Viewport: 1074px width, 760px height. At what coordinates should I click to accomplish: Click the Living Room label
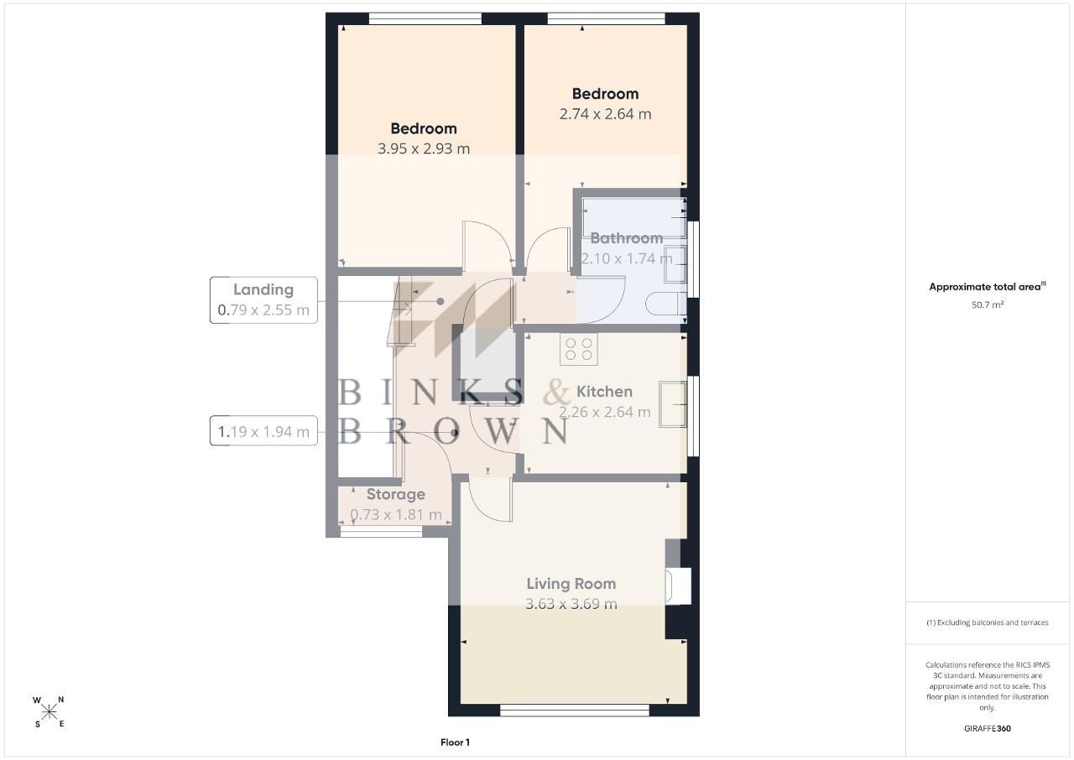[571, 584]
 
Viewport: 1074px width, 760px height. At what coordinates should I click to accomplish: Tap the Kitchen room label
[604, 392]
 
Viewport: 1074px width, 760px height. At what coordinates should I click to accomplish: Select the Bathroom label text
[626, 238]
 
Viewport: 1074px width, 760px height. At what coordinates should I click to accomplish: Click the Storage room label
[395, 494]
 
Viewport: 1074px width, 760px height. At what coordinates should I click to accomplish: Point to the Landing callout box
[263, 300]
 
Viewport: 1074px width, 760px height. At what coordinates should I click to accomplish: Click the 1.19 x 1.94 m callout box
[263, 431]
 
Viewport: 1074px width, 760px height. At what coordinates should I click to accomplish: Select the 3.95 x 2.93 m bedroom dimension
[424, 148]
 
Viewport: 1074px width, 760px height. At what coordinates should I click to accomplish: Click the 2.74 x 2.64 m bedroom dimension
[605, 114]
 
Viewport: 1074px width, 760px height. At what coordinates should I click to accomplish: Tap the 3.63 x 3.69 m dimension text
[571, 604]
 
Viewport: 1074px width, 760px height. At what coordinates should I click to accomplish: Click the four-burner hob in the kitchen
[579, 349]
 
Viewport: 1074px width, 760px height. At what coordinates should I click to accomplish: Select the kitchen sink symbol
[673, 404]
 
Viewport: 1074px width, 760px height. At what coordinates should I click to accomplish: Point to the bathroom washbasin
[675, 264]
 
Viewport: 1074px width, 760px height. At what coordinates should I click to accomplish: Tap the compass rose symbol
[49, 712]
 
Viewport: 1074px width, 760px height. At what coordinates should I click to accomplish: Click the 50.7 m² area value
[988, 305]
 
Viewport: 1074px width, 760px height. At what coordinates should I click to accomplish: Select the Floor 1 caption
[455, 742]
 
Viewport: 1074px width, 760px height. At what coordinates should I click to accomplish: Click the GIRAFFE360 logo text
[988, 728]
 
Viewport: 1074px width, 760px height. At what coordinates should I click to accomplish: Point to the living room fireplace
[678, 586]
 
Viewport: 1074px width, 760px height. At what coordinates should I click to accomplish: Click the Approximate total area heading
[988, 287]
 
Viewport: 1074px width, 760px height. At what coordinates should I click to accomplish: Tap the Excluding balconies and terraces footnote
[988, 622]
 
